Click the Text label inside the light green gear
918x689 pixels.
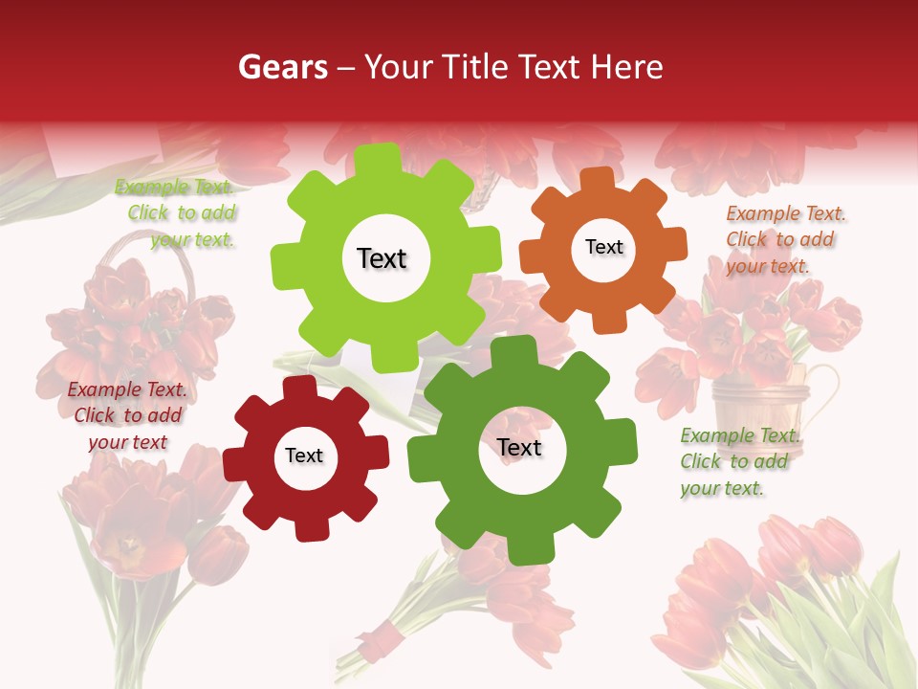(x=382, y=258)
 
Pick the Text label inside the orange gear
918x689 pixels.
(x=603, y=247)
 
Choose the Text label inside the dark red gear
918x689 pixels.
(x=304, y=456)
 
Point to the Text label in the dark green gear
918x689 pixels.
(x=519, y=447)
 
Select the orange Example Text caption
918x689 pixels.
(x=782, y=239)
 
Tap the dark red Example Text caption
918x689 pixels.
(x=127, y=415)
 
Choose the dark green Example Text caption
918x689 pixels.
(x=737, y=461)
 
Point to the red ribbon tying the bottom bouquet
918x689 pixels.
(x=386, y=634)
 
